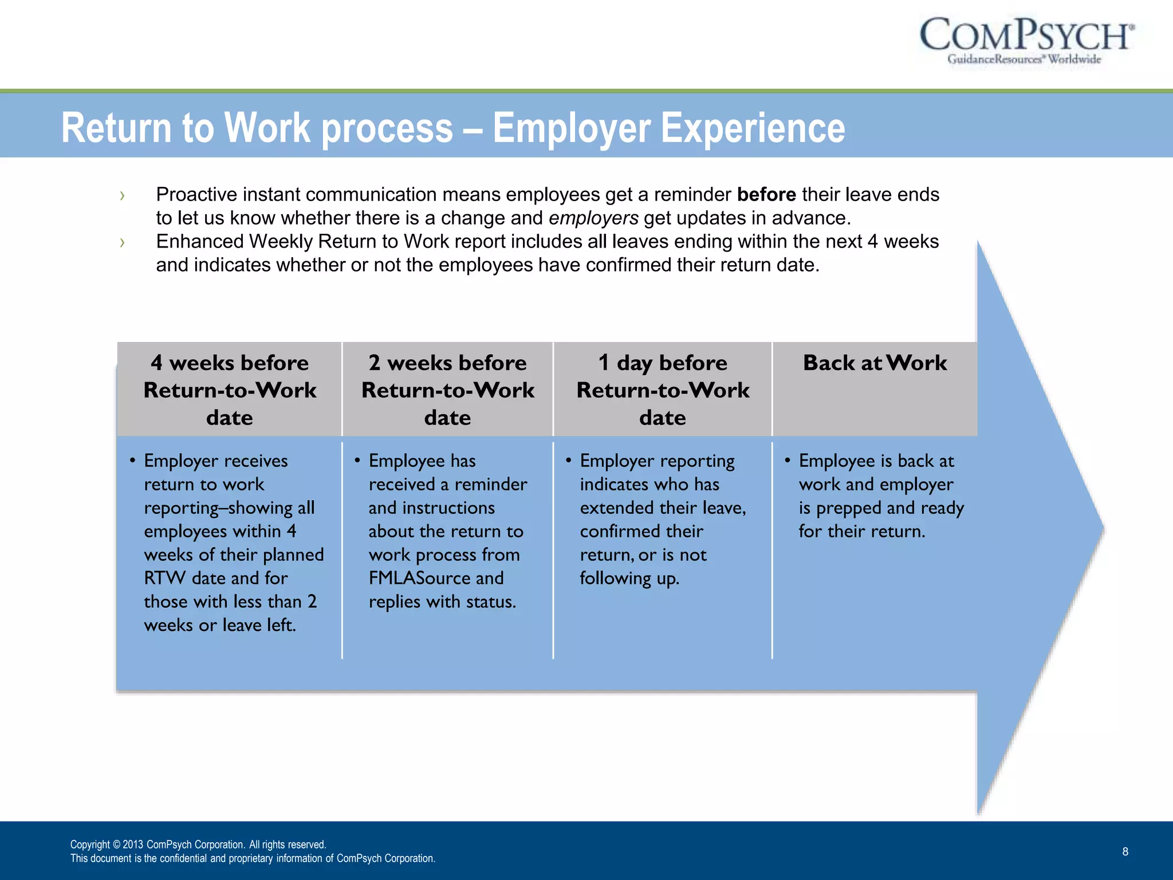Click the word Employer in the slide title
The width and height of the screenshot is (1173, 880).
(570, 128)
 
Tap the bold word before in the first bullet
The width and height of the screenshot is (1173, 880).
(766, 195)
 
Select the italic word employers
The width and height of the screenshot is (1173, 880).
(593, 218)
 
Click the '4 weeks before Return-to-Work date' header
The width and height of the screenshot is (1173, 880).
(230, 390)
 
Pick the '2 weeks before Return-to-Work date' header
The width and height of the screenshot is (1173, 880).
(447, 390)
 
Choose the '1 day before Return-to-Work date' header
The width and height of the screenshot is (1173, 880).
(663, 390)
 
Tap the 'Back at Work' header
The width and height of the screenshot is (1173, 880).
(875, 363)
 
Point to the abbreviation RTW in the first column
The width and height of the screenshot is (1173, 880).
(165, 578)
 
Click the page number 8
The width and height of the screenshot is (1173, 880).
(1125, 851)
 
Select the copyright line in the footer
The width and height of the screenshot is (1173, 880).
(198, 844)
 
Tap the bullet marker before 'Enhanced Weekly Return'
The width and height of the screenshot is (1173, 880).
(122, 242)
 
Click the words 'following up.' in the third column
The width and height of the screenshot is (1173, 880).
(629, 578)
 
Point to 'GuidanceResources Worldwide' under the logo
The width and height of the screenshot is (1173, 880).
(1024, 59)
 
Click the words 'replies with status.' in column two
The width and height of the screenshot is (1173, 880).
(442, 602)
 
